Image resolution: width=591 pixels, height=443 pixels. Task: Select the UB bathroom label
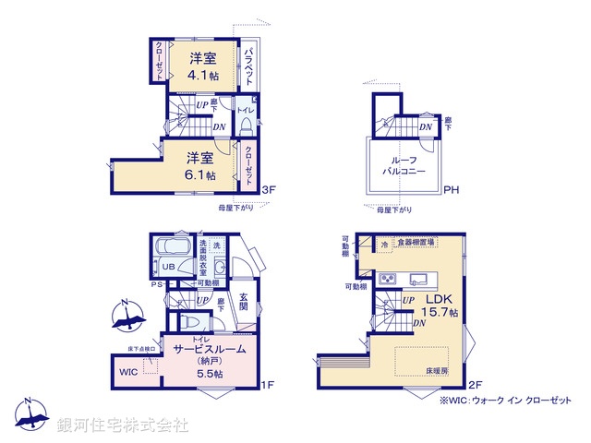168,268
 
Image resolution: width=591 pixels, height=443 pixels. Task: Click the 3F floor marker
270,191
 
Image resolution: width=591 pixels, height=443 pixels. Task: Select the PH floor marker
451,191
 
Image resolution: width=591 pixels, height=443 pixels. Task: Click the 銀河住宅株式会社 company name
122,425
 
